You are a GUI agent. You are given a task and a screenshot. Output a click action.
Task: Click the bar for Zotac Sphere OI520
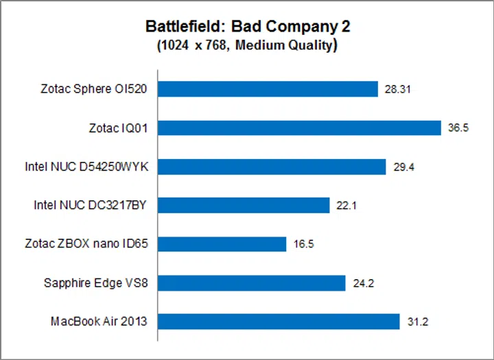pos(268,89)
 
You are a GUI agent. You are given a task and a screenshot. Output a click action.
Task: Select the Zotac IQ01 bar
pos(299,128)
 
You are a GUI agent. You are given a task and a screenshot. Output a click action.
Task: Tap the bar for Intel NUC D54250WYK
pos(272,167)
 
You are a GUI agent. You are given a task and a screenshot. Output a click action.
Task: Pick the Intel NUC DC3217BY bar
pos(244,205)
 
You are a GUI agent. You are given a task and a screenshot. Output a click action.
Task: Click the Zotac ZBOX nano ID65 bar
pos(222,244)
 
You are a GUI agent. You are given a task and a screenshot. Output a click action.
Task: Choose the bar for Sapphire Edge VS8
pos(252,283)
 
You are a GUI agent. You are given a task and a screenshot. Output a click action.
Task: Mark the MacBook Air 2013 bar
pos(279,322)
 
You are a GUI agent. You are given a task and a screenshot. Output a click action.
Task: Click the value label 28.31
pos(397,89)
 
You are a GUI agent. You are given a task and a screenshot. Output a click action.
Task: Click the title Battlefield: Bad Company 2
pos(247,27)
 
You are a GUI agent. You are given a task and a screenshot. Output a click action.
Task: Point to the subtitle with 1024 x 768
pos(247,46)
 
